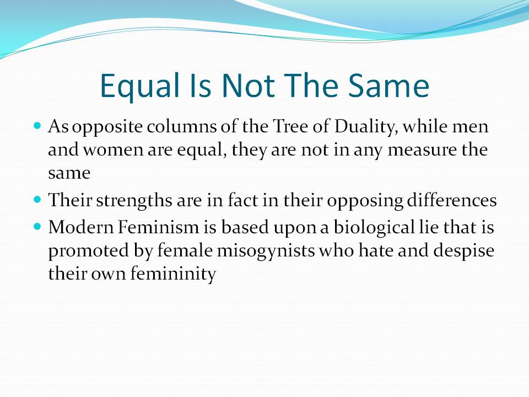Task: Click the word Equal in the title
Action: pos(139,87)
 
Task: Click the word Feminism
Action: pos(159,227)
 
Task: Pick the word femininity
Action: pos(173,274)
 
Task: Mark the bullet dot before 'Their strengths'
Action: pos(37,200)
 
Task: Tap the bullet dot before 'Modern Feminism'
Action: pos(37,227)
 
